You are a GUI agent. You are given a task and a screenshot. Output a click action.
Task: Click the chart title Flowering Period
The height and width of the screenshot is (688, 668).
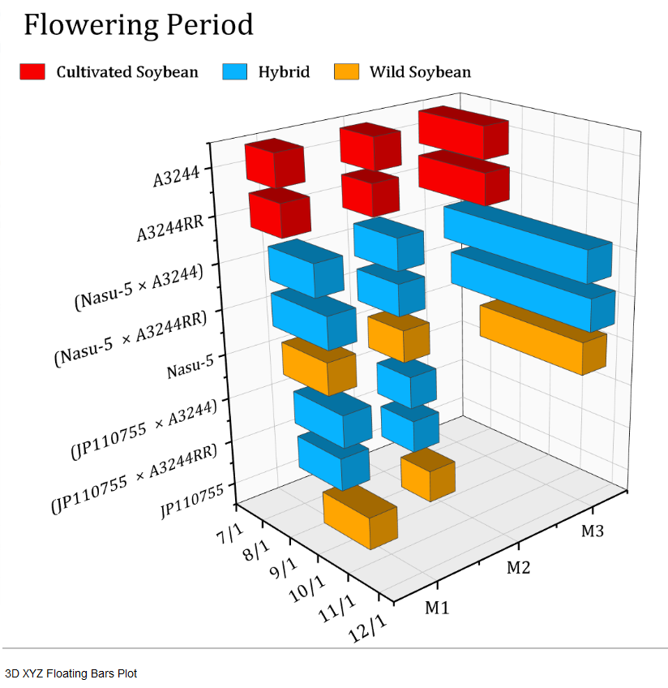139,25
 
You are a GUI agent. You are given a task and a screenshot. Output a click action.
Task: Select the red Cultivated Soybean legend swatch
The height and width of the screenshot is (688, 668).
32,71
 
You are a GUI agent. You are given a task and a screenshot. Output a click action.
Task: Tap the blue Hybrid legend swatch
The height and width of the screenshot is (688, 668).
234,71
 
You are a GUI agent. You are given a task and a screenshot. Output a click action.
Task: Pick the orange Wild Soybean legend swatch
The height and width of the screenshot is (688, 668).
346,71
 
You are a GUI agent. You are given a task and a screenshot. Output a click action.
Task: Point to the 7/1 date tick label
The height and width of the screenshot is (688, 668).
230,534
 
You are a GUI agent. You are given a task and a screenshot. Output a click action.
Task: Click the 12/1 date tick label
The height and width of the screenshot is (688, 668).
367,628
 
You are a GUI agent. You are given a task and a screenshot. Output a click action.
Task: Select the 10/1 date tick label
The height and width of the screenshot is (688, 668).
307,589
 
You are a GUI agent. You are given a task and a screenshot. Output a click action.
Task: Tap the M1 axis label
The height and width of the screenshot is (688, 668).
437,608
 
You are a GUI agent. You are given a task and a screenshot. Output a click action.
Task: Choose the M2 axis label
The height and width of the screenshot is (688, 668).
518,568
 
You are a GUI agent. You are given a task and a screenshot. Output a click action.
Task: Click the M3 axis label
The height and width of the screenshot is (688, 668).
592,531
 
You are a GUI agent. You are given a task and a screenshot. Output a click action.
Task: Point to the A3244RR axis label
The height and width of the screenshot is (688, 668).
170,228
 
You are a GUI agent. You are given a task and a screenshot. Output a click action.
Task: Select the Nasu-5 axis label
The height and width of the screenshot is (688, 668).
191,367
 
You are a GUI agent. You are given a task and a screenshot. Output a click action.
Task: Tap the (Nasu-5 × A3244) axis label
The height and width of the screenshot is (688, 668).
139,288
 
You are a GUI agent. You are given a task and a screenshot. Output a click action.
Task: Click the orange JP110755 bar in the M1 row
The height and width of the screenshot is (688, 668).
360,517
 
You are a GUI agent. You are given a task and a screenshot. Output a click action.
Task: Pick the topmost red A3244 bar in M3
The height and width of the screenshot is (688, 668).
464,132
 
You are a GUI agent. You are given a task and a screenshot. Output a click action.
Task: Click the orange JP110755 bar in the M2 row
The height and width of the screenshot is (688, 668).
428,474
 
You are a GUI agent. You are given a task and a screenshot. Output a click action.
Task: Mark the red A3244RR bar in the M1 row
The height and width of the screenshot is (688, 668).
280,213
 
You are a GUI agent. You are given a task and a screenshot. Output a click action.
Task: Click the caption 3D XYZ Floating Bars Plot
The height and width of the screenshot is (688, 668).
71,673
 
